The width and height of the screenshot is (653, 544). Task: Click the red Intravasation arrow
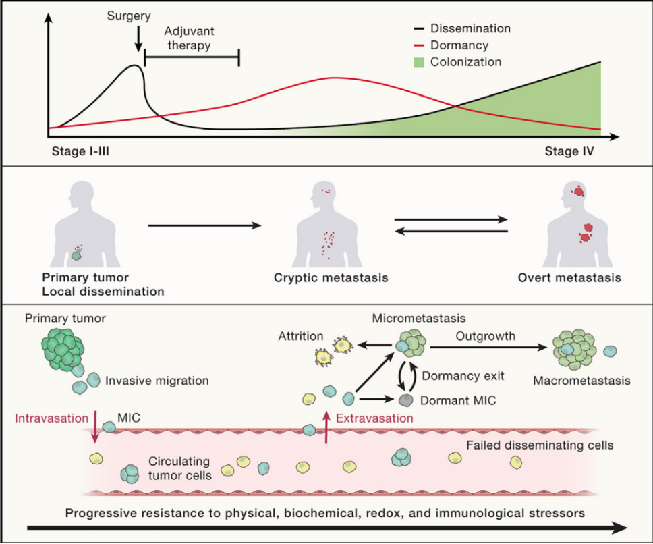point(94,427)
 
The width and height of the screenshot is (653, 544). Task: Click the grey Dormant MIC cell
point(405,400)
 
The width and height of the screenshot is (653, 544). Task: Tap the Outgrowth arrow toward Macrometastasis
point(486,348)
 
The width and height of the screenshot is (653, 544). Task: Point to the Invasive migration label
point(157,381)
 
